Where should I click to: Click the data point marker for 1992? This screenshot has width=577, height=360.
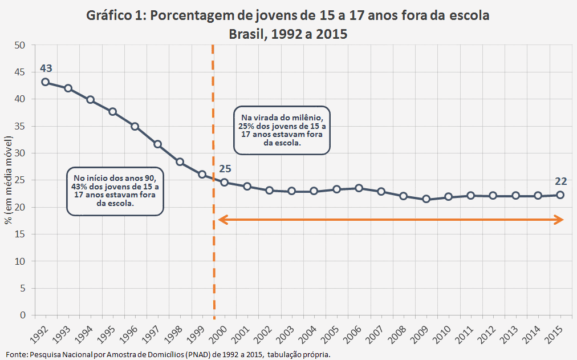click(46, 82)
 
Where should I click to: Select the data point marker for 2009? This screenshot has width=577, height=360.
click(426, 199)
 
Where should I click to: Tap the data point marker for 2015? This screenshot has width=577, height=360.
click(560, 195)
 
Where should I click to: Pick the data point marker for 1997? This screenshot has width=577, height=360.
click(157, 144)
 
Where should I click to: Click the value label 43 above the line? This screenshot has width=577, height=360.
click(46, 68)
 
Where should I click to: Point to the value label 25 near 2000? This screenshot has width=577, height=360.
click(225, 169)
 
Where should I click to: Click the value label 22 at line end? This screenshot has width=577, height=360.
click(560, 181)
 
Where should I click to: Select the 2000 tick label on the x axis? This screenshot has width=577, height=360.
click(220, 331)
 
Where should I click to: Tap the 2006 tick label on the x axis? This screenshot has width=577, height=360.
click(355, 331)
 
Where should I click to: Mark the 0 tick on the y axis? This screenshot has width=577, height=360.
click(23, 315)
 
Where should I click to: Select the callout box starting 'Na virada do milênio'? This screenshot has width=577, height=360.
click(282, 130)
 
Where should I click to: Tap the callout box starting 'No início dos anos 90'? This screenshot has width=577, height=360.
click(115, 191)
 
